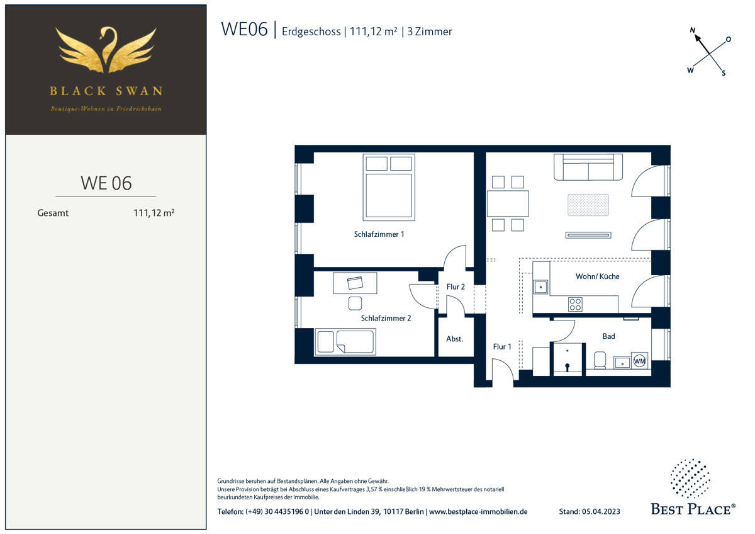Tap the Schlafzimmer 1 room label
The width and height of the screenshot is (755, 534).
coord(379,234)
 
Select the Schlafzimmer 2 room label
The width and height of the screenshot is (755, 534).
coord(386,318)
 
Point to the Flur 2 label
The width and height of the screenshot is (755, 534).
coord(456,287)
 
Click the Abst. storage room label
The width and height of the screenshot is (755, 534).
coord(455,339)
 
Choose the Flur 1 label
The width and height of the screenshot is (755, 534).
coord(502,346)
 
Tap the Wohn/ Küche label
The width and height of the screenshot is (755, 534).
coord(597,276)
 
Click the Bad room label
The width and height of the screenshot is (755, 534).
coord(608,336)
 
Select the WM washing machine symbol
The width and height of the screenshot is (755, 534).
coord(639,361)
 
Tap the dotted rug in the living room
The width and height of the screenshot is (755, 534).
coord(588,205)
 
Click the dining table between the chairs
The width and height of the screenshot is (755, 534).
coord(508,203)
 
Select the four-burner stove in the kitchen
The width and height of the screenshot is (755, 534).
coord(575,304)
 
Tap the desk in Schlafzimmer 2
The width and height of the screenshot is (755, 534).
coord(355,283)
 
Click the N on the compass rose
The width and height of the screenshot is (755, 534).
coord(693,30)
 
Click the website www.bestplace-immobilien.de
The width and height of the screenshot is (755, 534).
coord(478,511)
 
